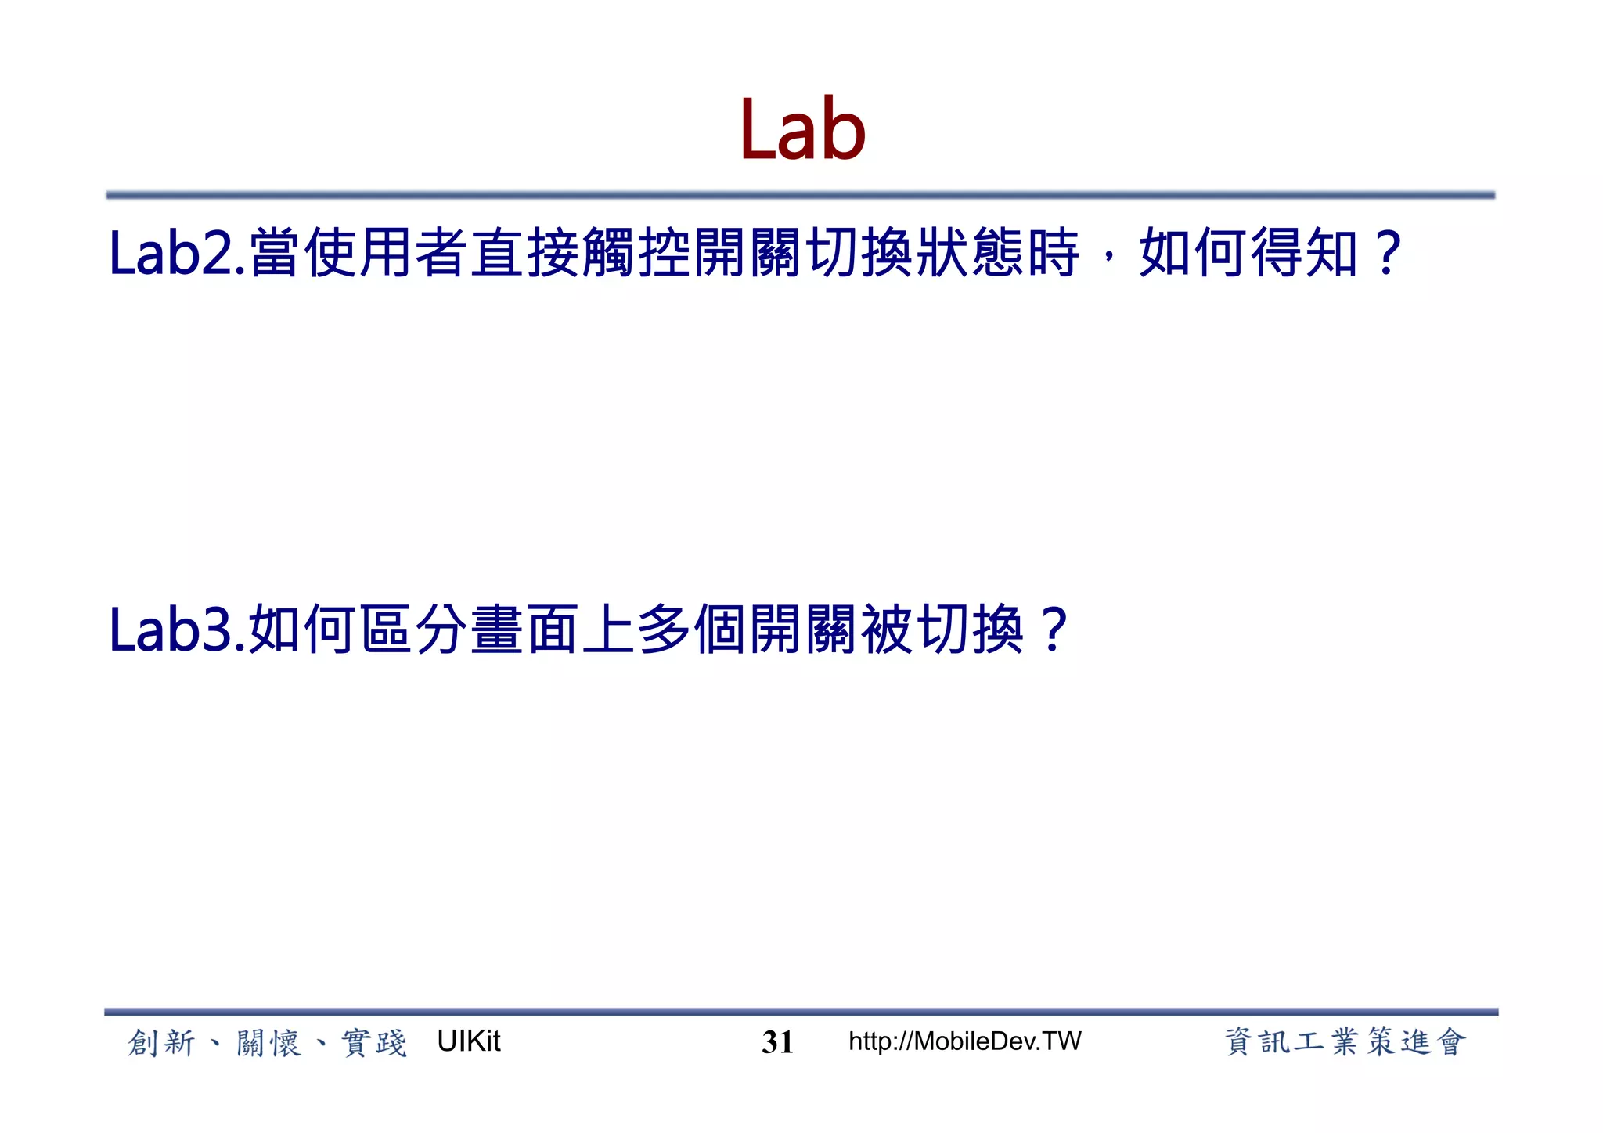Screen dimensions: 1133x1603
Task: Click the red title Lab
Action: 802,129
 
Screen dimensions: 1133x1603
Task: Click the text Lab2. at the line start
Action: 177,253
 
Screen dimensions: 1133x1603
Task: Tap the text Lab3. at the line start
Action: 177,630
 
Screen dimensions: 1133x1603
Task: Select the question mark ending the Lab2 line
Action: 1388,253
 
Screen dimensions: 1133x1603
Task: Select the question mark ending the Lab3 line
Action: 1054,630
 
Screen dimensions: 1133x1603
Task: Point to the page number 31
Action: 777,1042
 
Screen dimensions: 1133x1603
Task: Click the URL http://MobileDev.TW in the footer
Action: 964,1041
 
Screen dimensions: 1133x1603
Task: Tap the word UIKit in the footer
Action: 468,1041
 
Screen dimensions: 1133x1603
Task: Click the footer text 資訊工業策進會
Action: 1344,1042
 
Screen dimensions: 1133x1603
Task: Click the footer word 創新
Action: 161,1043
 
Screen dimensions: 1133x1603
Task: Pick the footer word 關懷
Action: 268,1043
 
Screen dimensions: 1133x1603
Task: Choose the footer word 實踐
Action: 374,1043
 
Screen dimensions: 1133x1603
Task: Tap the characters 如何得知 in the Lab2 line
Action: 1248,253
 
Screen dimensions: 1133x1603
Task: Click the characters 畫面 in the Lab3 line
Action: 524,630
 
